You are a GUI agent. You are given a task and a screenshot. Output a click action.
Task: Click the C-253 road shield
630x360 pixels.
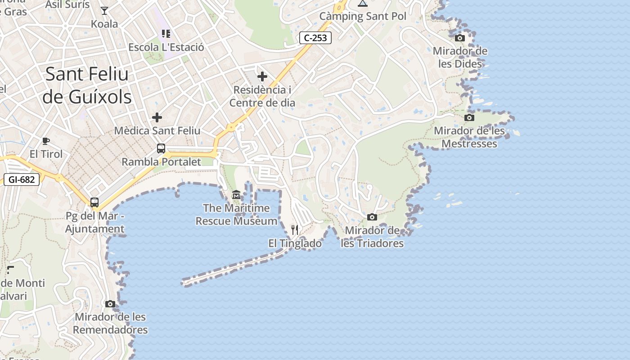315,38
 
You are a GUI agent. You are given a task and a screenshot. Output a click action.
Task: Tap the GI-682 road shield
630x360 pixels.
22,180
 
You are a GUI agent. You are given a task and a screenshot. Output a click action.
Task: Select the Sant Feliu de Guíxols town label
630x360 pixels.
87,85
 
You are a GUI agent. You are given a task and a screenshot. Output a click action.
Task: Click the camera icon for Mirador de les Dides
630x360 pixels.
460,38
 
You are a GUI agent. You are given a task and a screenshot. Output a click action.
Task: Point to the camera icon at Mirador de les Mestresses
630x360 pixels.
469,118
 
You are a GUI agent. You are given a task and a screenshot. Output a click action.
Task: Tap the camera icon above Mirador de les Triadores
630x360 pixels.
372,217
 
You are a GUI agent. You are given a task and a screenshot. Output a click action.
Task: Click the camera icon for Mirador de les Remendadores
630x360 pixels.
110,304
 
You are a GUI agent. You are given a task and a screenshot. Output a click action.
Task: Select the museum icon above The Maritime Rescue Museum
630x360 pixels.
236,195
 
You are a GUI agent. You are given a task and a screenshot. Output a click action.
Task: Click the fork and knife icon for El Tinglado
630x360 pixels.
295,230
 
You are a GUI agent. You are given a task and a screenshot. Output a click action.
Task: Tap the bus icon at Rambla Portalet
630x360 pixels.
161,148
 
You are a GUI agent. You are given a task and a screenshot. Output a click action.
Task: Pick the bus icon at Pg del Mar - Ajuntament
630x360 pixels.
94,202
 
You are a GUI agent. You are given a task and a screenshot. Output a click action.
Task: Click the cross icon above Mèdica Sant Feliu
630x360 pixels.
157,117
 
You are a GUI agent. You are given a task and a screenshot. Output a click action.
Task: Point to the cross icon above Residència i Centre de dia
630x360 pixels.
262,76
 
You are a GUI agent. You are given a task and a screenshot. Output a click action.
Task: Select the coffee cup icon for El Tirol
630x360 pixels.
46,141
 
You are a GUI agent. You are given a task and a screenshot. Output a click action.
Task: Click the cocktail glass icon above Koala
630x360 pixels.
104,10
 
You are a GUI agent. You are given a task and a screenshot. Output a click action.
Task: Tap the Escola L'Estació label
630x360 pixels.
166,47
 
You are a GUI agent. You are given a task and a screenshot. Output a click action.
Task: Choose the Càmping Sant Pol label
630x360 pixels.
363,16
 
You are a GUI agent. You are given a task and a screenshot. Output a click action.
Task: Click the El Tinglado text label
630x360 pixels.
295,243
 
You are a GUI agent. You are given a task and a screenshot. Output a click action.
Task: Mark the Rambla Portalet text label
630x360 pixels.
161,162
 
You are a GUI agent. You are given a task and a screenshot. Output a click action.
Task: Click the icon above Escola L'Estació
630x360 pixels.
166,34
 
